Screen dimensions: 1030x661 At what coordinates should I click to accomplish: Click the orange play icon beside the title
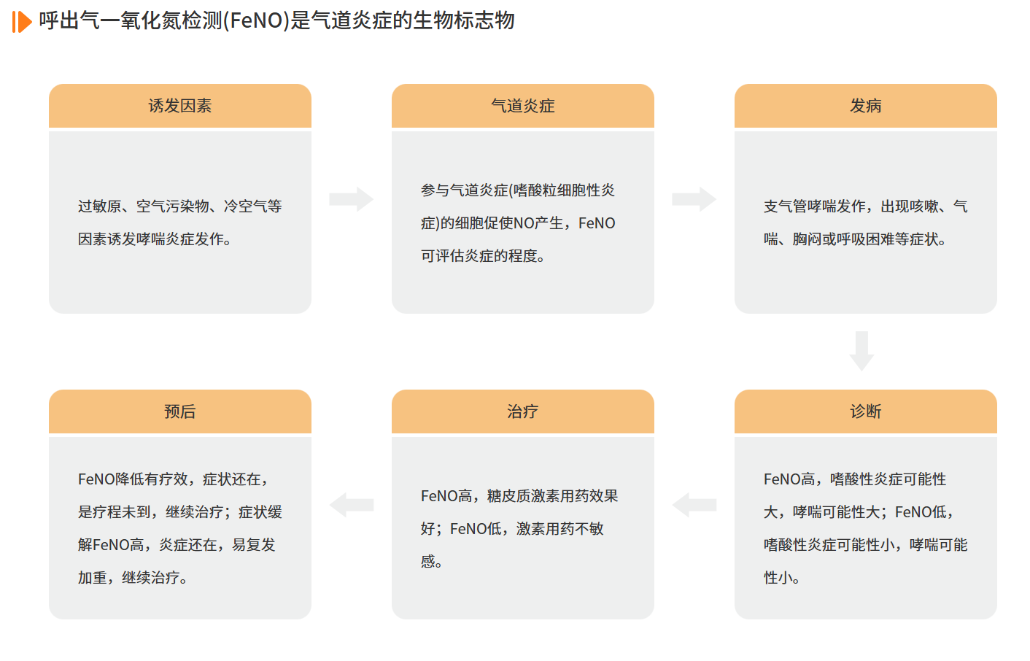click(22, 22)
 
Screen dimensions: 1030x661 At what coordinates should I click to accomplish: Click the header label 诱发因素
click(179, 106)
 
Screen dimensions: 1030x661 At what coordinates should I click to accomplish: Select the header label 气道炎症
click(523, 106)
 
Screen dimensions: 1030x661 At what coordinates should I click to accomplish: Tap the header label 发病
click(865, 106)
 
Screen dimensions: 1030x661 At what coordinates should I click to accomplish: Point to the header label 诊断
click(865, 411)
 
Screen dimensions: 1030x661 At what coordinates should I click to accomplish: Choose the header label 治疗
click(523, 411)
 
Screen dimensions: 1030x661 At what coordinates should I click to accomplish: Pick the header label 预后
click(179, 411)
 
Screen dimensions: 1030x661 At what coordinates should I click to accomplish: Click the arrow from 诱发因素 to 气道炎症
click(352, 199)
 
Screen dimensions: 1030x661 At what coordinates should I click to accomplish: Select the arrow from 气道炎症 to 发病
click(694, 199)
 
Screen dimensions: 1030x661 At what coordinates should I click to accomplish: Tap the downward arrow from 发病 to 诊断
click(861, 351)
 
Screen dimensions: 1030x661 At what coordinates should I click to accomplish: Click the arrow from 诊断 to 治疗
click(694, 505)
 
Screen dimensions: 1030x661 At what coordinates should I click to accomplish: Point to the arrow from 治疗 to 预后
click(352, 505)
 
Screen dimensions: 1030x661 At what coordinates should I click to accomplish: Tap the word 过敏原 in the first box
click(99, 206)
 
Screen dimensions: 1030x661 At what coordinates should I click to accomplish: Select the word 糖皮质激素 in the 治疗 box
click(523, 496)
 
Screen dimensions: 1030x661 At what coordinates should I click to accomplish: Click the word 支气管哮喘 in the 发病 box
click(799, 206)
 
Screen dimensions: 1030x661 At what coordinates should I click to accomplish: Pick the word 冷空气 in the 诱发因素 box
click(245, 206)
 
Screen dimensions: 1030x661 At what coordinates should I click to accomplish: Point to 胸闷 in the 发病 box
click(807, 239)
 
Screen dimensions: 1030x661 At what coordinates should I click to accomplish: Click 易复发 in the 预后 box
click(253, 545)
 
